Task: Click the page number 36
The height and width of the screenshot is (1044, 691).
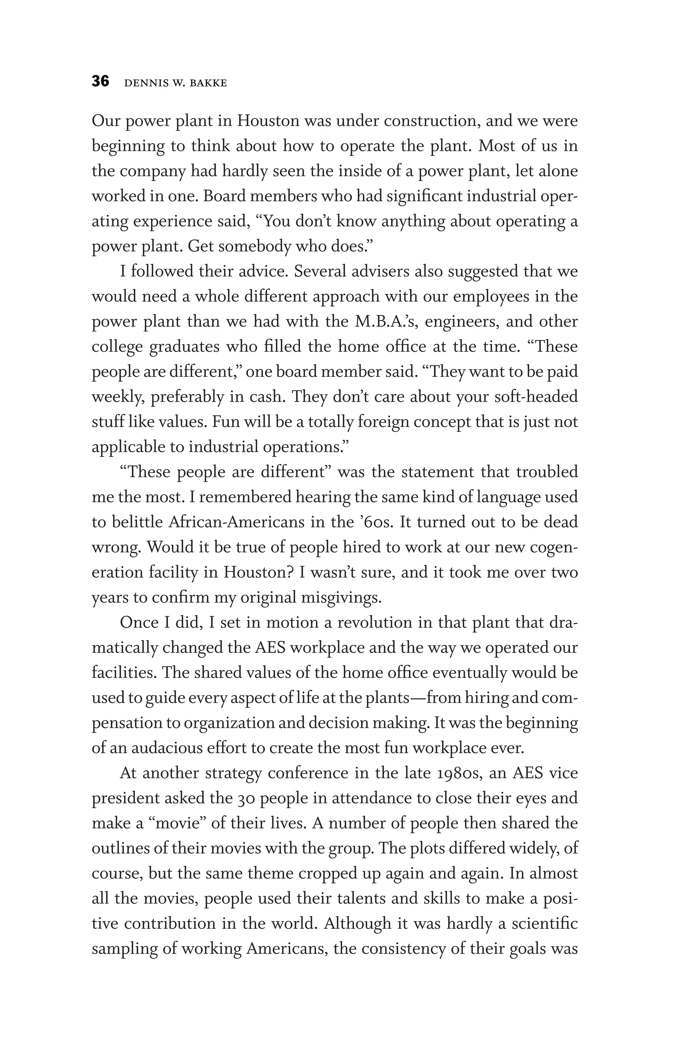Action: click(x=101, y=82)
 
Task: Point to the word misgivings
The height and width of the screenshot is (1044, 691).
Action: click(x=341, y=598)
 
